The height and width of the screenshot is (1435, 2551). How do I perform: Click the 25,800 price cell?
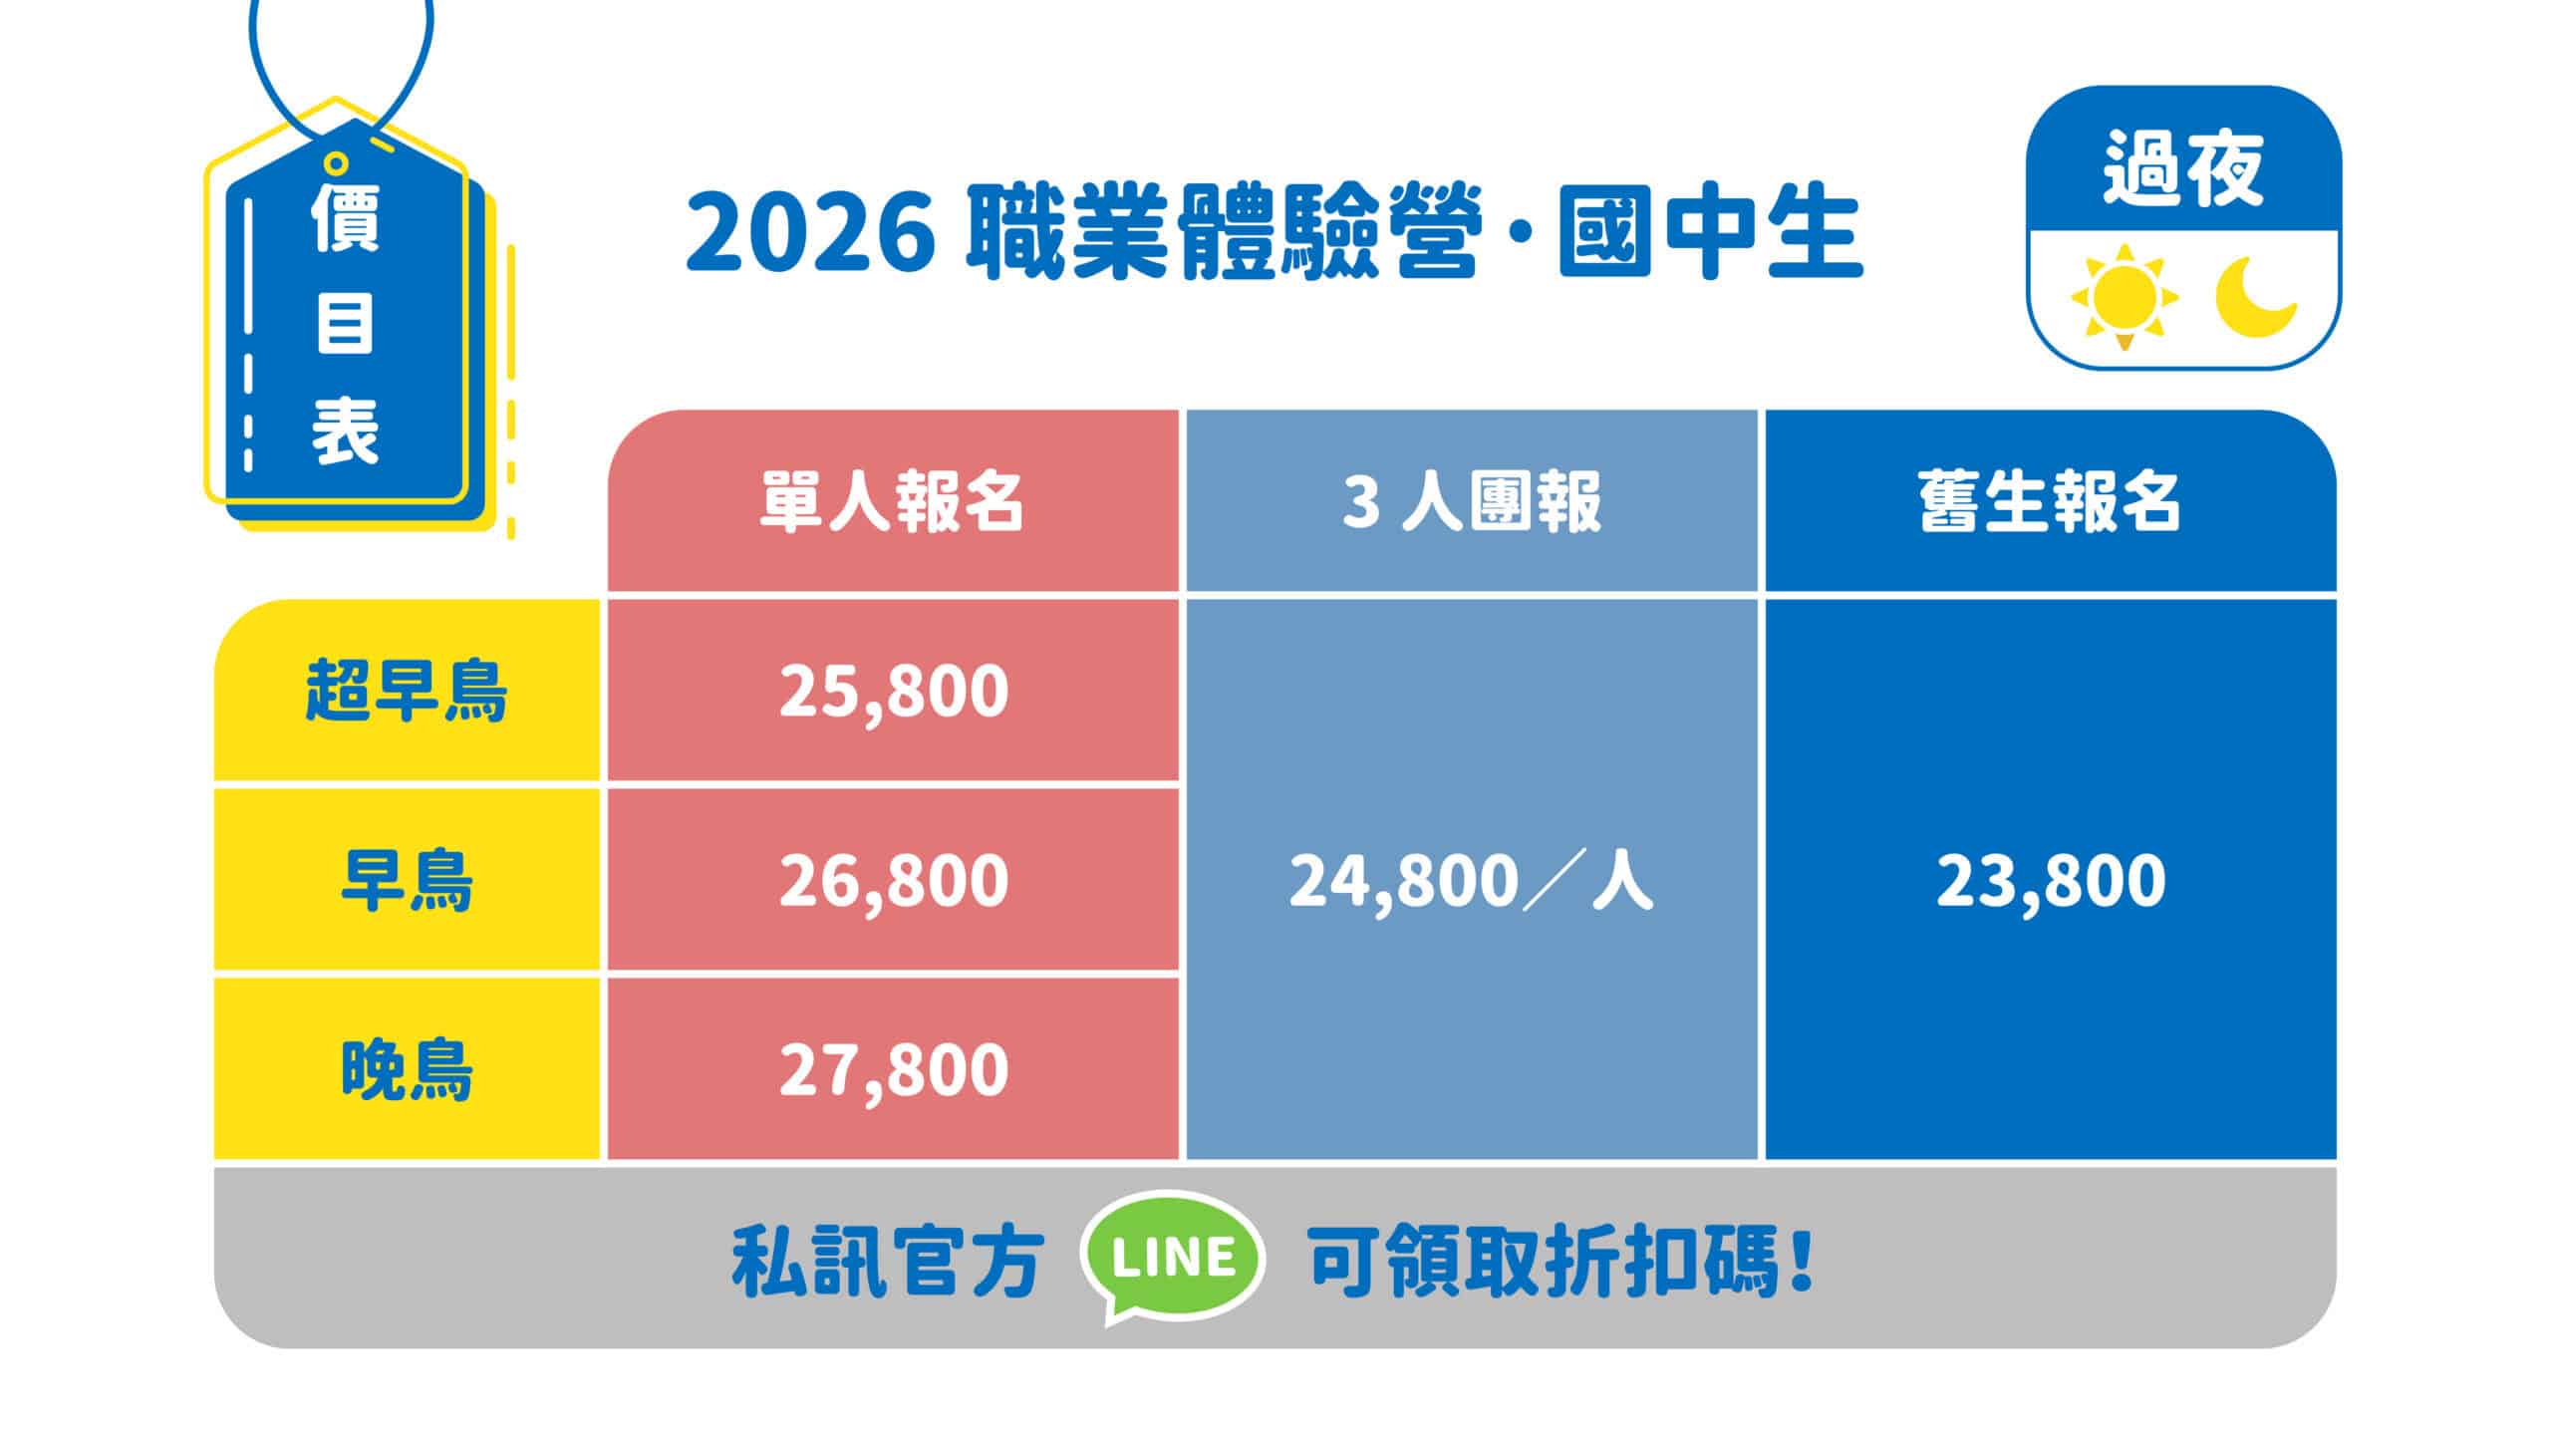(x=893, y=691)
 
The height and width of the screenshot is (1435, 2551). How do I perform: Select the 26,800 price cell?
(x=893, y=880)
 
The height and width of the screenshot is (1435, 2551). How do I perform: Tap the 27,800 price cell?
(x=893, y=1069)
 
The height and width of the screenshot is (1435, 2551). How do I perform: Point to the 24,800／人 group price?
(x=1471, y=880)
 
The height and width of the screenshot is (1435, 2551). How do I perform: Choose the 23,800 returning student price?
(x=2051, y=880)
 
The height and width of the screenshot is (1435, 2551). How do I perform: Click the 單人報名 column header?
(x=893, y=500)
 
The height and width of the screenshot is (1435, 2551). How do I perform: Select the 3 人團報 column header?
(x=1471, y=500)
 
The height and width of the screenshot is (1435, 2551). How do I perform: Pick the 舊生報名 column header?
(x=2051, y=500)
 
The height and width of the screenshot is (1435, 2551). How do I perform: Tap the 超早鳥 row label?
(x=407, y=690)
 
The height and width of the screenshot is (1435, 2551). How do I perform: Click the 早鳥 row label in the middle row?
(x=407, y=880)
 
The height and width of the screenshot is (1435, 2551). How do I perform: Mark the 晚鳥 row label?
(x=407, y=1069)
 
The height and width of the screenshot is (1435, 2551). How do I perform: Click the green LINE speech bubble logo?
(x=1173, y=1259)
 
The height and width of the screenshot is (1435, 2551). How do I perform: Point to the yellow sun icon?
(x=2124, y=297)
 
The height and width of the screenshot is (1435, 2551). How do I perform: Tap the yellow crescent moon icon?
(x=2255, y=297)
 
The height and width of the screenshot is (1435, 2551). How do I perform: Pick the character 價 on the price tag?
(x=346, y=215)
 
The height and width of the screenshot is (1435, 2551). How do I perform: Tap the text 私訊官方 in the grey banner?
(x=888, y=1261)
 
